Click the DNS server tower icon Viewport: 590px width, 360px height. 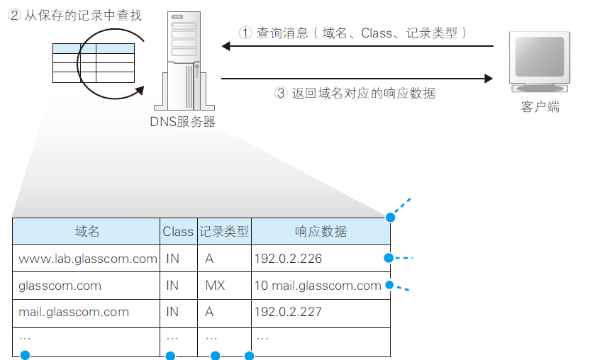[182, 60]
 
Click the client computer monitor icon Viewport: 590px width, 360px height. [540, 62]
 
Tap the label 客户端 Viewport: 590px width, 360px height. [540, 107]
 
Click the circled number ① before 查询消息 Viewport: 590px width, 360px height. [245, 33]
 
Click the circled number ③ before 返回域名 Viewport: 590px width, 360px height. [280, 93]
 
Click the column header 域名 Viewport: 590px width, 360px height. [87, 232]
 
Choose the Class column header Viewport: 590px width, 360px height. [178, 232]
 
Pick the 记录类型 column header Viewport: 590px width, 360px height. [224, 232]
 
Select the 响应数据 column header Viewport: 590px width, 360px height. [321, 232]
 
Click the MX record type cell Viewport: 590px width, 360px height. [215, 286]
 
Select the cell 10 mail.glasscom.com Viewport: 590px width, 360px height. [318, 286]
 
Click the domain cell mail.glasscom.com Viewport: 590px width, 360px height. [74, 312]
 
